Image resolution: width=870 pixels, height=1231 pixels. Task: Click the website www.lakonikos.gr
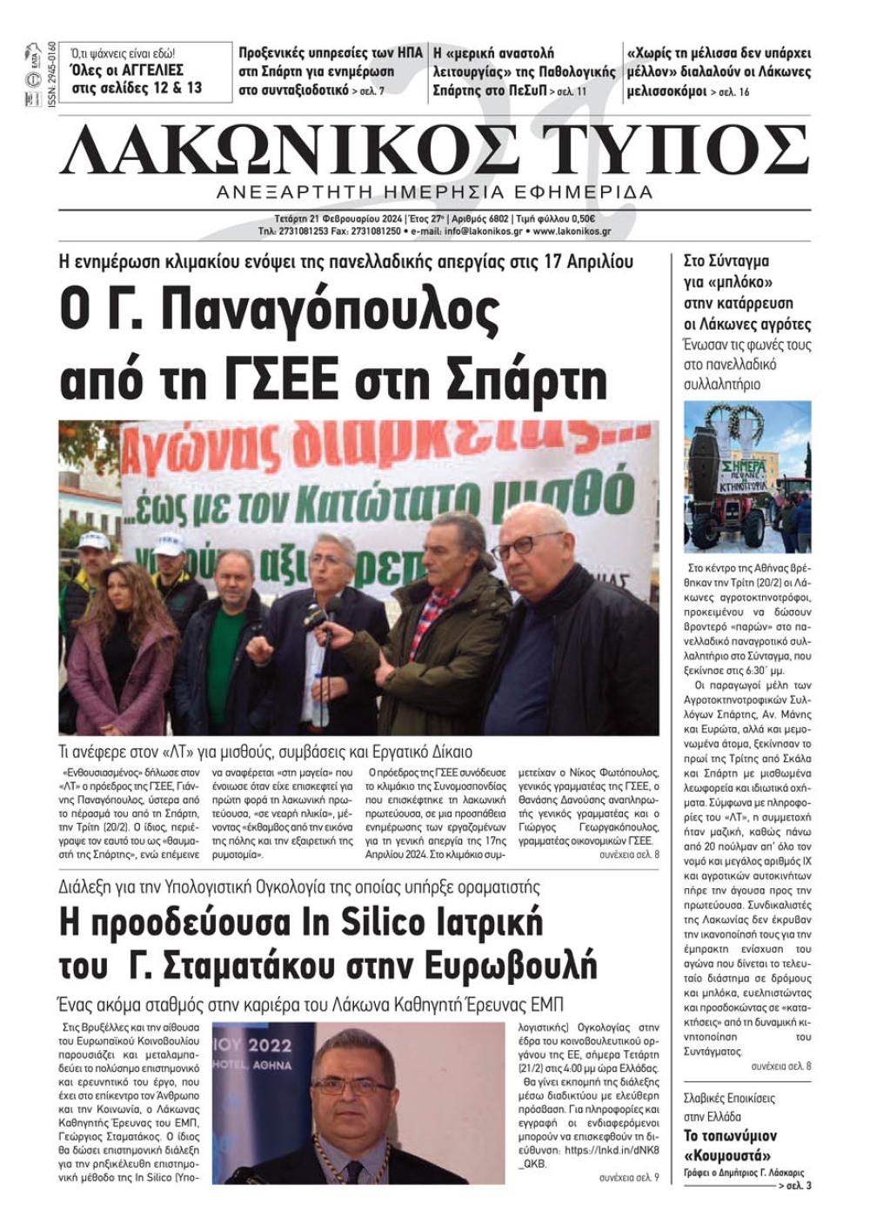[x=572, y=232]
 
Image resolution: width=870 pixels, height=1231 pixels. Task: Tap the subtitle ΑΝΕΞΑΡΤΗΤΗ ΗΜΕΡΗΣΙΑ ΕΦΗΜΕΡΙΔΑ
[x=434, y=192]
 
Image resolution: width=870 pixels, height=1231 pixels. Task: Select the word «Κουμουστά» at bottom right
[x=727, y=1155]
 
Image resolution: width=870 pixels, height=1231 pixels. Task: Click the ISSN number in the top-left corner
[x=50, y=74]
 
